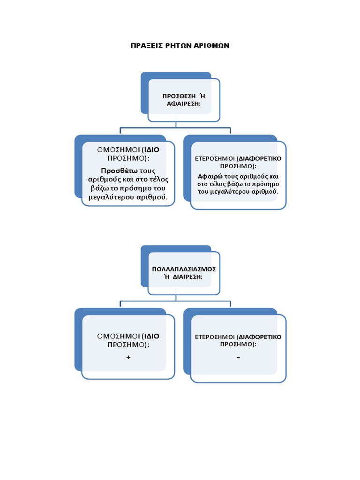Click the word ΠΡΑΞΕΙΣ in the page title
[x=145, y=45]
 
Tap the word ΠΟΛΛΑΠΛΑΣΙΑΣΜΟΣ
[x=184, y=269]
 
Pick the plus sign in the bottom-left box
[x=128, y=357]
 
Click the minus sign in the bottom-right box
[x=238, y=358]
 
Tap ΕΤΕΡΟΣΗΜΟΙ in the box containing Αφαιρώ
[x=214, y=158]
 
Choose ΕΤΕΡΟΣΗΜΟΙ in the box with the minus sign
[x=214, y=337]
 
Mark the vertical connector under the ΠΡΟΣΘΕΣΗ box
[x=176, y=124]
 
